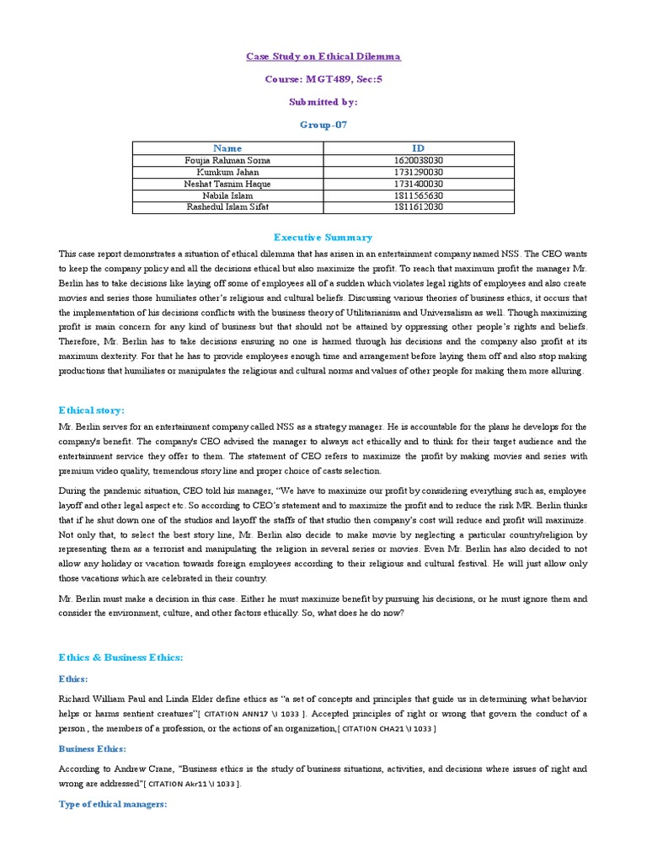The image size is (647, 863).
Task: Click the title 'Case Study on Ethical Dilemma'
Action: (323, 56)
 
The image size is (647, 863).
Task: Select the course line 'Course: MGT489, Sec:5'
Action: (323, 79)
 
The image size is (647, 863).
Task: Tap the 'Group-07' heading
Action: (323, 124)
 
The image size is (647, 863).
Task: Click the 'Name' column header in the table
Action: (227, 148)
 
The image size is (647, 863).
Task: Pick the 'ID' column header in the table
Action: (418, 148)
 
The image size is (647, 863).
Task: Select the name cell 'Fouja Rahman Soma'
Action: (227, 160)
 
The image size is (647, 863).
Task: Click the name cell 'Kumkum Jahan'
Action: (227, 172)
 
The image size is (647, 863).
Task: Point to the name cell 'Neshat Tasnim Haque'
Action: (227, 184)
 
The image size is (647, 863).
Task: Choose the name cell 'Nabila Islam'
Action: (227, 196)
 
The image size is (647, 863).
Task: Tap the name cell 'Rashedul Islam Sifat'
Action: (227, 207)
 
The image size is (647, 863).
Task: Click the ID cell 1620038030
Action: (418, 160)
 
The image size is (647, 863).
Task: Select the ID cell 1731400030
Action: (418, 184)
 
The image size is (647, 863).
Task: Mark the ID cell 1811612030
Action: (418, 207)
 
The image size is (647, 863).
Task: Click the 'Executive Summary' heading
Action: (323, 238)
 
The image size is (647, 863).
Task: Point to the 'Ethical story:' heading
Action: (91, 410)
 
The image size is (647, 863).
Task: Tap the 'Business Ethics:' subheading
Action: (92, 748)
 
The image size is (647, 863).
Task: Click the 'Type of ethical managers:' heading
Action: (113, 804)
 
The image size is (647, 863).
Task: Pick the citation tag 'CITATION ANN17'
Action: (253, 715)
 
